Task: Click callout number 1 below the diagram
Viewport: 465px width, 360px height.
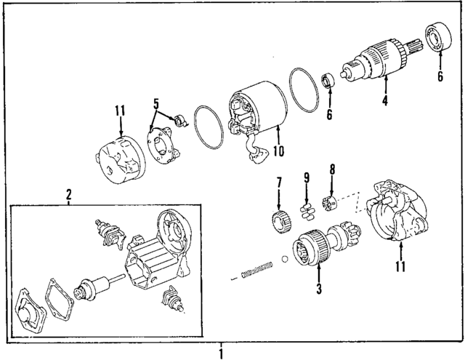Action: pyautogui.click(x=221, y=353)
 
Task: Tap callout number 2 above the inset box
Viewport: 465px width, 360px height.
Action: pyautogui.click(x=68, y=195)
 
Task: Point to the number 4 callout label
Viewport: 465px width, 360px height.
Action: pyautogui.click(x=385, y=102)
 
